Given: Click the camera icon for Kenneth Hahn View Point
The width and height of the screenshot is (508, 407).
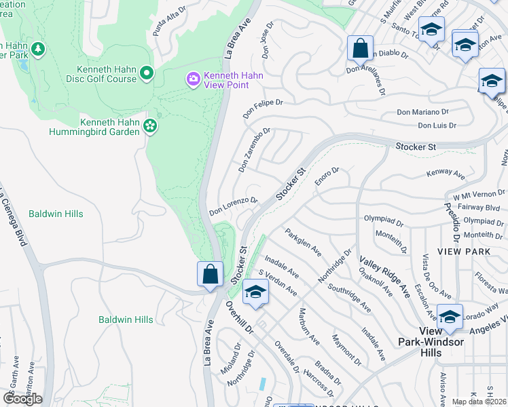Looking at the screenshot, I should [x=194, y=80].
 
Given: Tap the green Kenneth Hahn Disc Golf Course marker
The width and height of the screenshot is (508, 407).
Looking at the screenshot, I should [x=147, y=73].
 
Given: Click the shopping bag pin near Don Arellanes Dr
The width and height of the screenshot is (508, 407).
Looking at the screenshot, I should [x=359, y=49].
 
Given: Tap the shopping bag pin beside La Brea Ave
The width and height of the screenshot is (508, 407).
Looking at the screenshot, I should [x=210, y=275].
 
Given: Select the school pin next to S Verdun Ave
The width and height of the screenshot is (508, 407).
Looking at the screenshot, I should [x=255, y=292].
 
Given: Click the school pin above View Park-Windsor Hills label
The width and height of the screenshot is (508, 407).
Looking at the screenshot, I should [x=449, y=317].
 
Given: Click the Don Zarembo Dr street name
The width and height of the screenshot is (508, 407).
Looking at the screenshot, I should [x=254, y=149].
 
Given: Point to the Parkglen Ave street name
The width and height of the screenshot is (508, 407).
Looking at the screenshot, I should [x=303, y=241].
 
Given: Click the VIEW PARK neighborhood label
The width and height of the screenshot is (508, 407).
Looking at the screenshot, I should [x=463, y=251].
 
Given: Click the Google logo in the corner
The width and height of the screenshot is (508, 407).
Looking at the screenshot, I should [x=22, y=398].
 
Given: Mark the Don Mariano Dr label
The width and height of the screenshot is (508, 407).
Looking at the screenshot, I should [x=424, y=112].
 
